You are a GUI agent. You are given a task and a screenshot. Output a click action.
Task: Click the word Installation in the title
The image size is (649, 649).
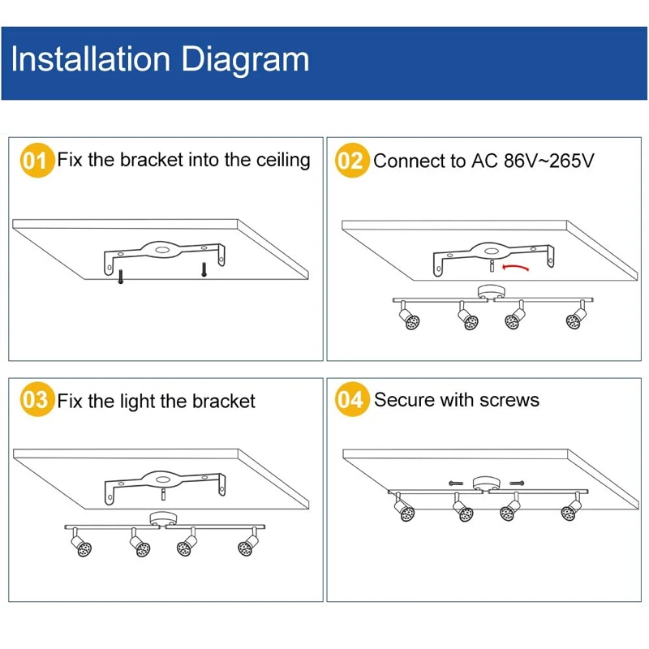tap(90, 59)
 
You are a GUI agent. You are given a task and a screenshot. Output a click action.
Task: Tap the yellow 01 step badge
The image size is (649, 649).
tap(35, 161)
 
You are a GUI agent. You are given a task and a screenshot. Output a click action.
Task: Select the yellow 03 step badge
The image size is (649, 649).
tap(35, 401)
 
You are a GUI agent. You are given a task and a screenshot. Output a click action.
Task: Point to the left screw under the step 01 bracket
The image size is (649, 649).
tap(121, 277)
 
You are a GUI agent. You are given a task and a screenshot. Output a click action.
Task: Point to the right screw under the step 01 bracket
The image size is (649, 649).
tap(204, 267)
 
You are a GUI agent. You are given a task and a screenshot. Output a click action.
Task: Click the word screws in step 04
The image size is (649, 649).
tap(509, 400)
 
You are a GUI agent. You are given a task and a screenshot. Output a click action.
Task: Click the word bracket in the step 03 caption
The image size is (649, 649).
tap(224, 402)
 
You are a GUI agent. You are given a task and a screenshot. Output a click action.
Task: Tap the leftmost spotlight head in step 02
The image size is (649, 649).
tap(406, 319)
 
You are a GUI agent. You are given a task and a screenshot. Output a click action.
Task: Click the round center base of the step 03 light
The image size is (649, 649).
tap(163, 519)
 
